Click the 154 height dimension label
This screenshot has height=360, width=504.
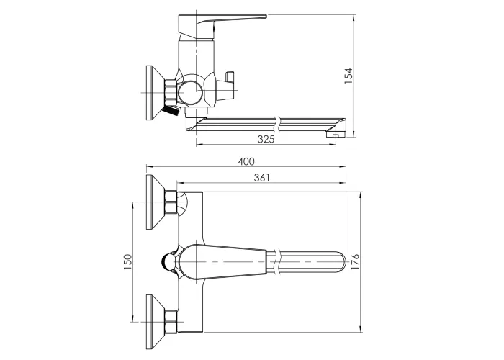[x=348, y=76]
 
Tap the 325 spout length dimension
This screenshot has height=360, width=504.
[x=266, y=139]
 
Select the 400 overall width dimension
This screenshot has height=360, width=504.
[x=246, y=161]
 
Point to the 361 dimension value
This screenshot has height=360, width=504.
[x=261, y=177]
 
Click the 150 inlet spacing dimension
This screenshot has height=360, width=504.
[x=128, y=261]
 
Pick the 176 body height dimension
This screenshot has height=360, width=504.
[x=354, y=261]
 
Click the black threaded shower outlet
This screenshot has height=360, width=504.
[x=171, y=111]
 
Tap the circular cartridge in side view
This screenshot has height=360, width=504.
[x=191, y=92]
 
